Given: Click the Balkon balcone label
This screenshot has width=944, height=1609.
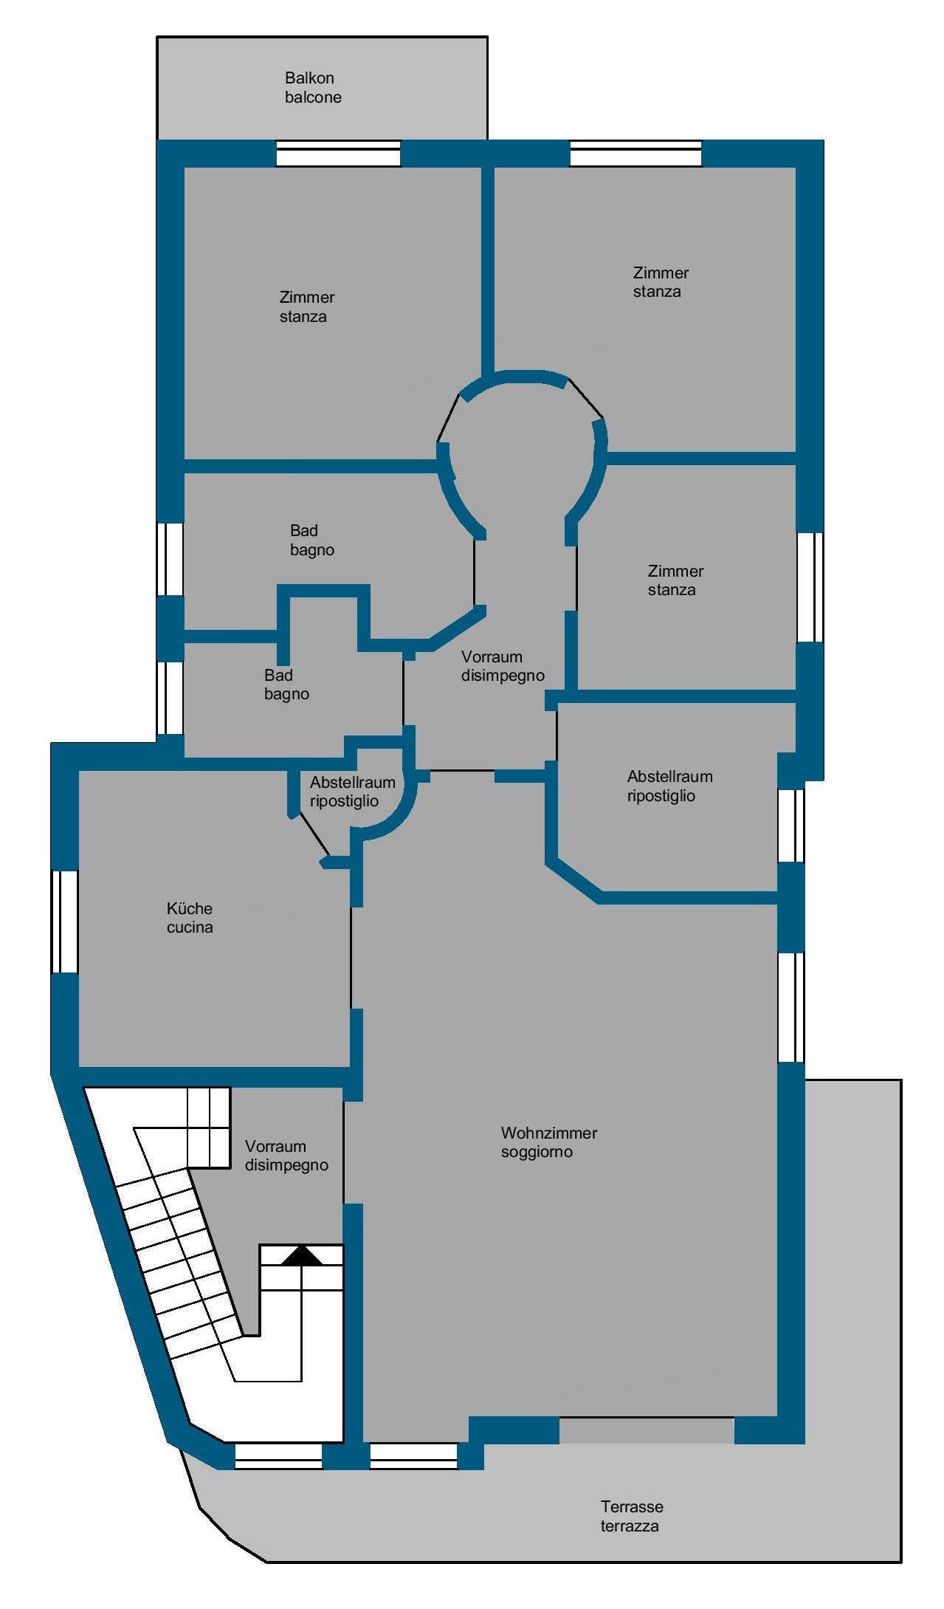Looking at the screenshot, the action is click(x=313, y=88).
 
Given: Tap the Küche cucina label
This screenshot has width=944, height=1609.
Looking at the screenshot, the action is click(x=190, y=918).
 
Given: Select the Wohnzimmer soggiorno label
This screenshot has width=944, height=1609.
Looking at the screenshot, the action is click(x=549, y=1142).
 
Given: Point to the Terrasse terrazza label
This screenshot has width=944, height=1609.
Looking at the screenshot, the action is click(x=632, y=1516).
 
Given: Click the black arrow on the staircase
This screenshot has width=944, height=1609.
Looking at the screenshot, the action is click(x=303, y=1255).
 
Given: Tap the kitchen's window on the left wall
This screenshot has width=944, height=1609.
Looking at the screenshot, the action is click(x=64, y=922).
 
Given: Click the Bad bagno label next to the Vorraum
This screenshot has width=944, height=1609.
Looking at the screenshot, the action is click(x=286, y=685).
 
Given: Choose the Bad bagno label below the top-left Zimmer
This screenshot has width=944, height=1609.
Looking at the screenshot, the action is click(x=312, y=540).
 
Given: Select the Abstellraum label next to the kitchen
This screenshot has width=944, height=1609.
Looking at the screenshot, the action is click(x=352, y=792).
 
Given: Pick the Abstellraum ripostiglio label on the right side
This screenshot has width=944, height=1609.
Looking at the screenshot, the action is click(x=669, y=786).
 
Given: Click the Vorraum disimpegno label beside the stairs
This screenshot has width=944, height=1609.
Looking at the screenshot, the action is click(x=286, y=1156).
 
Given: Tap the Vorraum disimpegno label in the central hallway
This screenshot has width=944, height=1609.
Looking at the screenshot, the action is click(x=503, y=666).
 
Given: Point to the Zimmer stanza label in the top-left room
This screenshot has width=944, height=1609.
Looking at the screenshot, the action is click(x=307, y=306).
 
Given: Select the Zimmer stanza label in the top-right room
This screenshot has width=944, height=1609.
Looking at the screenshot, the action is click(x=661, y=282).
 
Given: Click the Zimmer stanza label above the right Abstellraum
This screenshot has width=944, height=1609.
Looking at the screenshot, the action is click(x=675, y=580).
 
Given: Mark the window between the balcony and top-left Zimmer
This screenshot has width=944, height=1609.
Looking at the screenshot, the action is click(x=338, y=154).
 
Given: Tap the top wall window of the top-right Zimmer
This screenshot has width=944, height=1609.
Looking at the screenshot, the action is click(x=635, y=154).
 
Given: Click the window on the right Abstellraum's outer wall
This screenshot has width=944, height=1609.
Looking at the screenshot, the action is click(x=791, y=825).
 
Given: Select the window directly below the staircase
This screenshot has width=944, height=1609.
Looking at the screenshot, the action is click(x=278, y=1455).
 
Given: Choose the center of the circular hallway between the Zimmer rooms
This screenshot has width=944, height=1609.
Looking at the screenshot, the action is click(x=521, y=452).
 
